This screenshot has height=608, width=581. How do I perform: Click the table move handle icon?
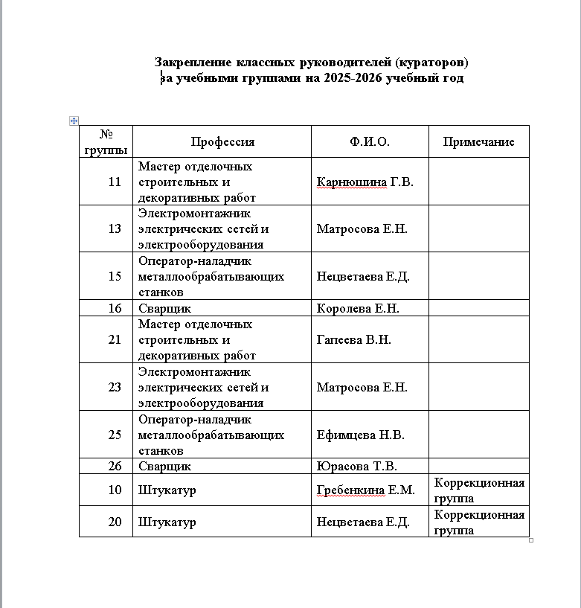(x=74, y=120)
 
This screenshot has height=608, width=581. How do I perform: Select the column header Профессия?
(x=222, y=142)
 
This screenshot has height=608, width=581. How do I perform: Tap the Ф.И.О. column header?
(x=370, y=142)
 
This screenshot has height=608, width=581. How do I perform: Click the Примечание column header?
(x=478, y=142)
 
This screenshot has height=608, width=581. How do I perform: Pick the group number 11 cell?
(x=115, y=181)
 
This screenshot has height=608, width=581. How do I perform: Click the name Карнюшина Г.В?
(x=365, y=182)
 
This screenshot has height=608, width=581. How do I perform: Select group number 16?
(x=115, y=308)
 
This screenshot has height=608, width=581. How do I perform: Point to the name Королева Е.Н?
(x=362, y=308)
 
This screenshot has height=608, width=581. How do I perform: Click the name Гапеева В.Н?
(x=354, y=340)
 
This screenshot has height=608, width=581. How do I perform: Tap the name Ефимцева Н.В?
(x=361, y=435)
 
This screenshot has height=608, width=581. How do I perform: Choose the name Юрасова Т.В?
(x=357, y=467)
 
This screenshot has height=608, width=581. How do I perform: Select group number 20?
(x=115, y=522)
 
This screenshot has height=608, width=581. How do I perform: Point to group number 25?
(x=115, y=435)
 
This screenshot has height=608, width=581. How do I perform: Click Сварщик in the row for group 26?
(x=164, y=467)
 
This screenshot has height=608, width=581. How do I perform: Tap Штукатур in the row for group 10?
(x=167, y=491)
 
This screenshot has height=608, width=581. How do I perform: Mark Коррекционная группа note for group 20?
(x=479, y=522)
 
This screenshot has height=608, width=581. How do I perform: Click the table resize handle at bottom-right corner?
(x=531, y=540)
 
